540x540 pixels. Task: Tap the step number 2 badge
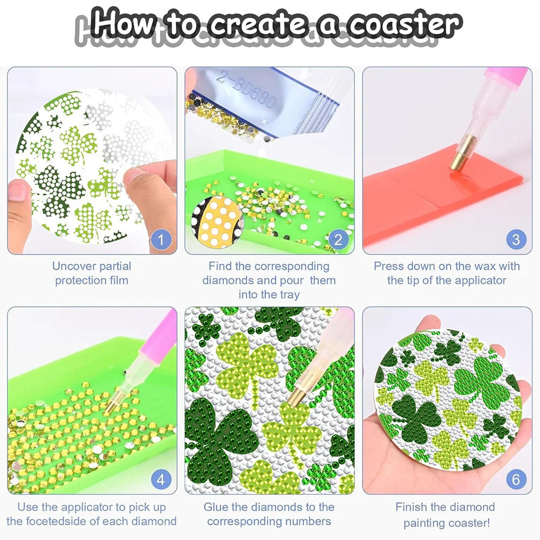[x=338, y=238]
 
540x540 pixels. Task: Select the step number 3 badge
[x=516, y=238]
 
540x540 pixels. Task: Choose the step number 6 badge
[x=516, y=479]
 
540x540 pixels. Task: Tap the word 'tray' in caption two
[x=288, y=295]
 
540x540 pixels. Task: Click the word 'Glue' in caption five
[x=216, y=507]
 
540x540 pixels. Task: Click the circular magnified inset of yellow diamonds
[x=218, y=222]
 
